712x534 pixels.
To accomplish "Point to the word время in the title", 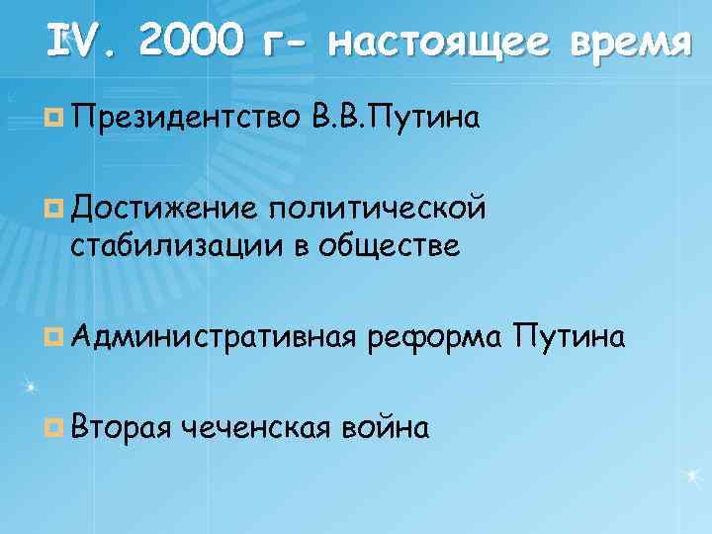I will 623,44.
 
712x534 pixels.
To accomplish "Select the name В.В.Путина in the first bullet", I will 396,120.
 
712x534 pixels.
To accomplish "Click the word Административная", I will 213,338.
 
